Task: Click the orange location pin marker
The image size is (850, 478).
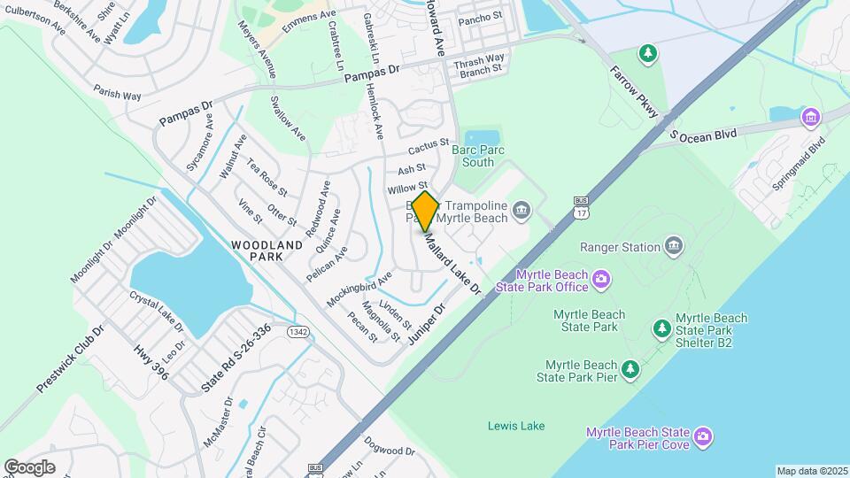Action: [425, 211]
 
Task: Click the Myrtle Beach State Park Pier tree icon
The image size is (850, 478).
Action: [630, 367]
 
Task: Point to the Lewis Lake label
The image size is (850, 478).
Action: [516, 426]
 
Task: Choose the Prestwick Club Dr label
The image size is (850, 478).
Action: [71, 358]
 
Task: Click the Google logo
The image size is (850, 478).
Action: [29, 466]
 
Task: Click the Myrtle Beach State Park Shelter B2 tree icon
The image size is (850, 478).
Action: [661, 329]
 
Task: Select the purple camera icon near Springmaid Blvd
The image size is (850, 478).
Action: [809, 117]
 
